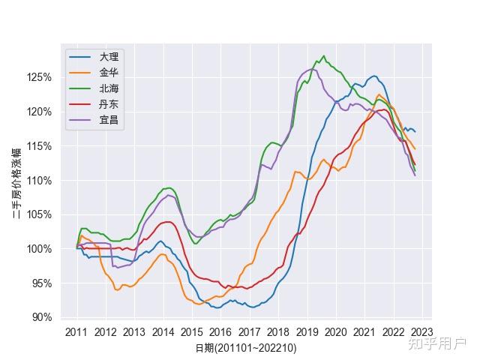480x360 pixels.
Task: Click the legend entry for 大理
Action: coord(109,57)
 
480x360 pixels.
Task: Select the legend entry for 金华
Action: coord(109,73)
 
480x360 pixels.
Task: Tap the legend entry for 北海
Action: coord(109,88)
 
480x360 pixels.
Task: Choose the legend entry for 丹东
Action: coord(109,104)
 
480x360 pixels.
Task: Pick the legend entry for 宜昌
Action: coord(109,120)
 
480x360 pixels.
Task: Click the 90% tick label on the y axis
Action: coord(41,317)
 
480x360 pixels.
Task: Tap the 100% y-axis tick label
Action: coord(39,249)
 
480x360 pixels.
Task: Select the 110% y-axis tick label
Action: coord(39,181)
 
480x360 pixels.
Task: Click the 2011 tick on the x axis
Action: coord(76,331)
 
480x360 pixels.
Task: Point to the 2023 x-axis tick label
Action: coord(421,331)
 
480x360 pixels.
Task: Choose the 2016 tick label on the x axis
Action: coord(220,331)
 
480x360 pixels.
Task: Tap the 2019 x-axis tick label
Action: coord(307,331)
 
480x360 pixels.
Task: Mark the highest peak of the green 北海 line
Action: coord(323,55)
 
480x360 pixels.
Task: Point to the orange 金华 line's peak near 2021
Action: coord(379,94)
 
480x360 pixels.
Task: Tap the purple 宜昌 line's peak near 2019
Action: coord(313,70)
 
